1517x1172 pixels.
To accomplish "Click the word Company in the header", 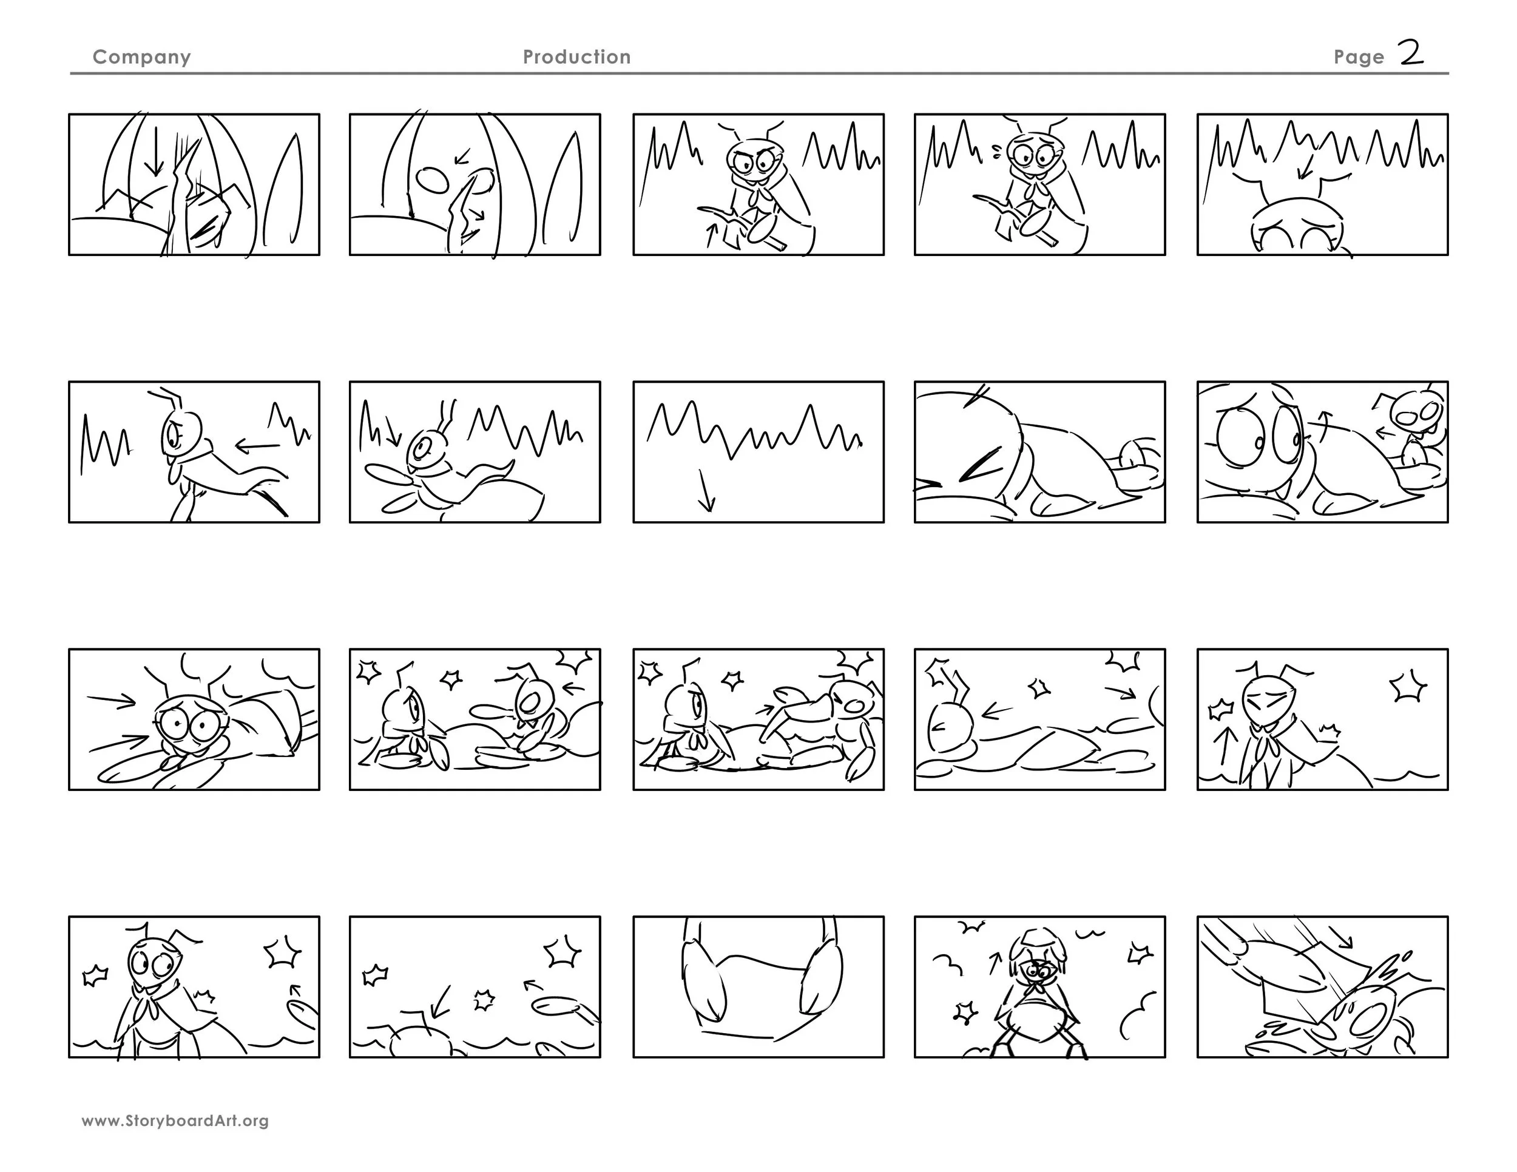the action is [142, 58].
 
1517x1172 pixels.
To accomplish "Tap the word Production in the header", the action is [576, 57].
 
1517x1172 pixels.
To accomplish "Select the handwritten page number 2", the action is [1411, 53].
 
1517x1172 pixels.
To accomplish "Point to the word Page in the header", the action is [1359, 58].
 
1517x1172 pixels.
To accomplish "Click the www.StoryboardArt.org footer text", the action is [175, 1120].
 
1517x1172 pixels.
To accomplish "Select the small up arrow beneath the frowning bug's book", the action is [710, 235].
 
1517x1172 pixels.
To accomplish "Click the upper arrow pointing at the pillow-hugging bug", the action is [111, 701].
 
